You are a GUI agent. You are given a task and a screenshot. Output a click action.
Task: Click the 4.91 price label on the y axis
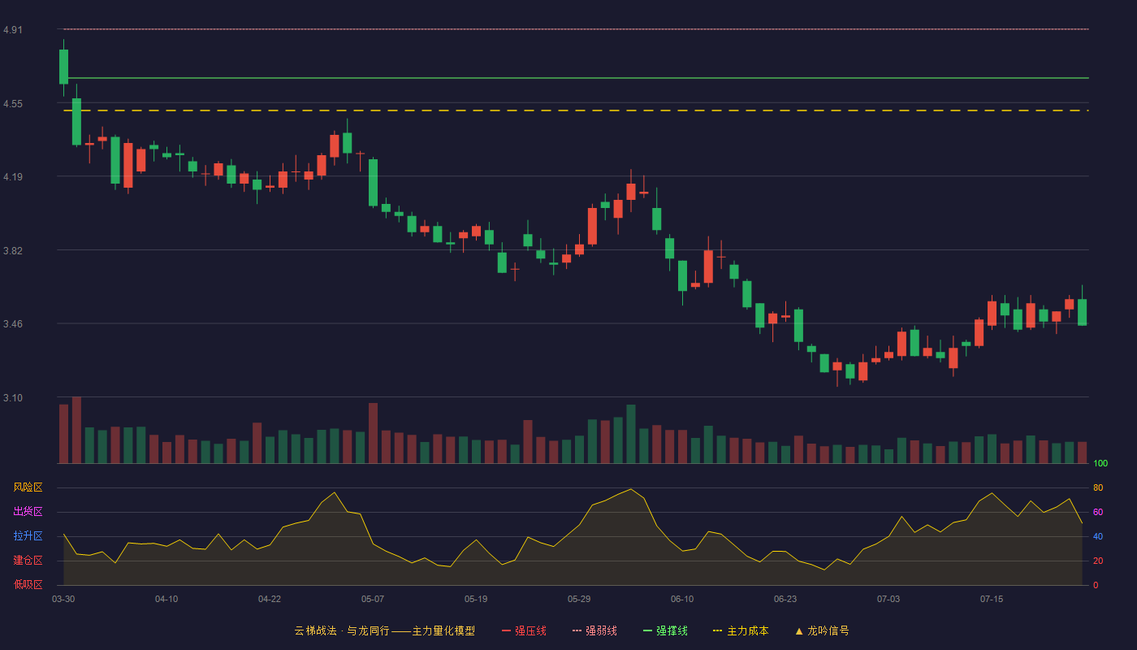[x=13, y=30]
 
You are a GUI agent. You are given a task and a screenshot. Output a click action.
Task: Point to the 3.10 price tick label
[x=13, y=398]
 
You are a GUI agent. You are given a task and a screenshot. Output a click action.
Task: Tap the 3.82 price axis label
[x=13, y=251]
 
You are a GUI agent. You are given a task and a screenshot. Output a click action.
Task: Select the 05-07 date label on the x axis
[x=373, y=600]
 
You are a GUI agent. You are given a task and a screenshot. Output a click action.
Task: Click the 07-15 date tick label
[x=992, y=600]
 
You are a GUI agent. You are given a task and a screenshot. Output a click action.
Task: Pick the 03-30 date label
[x=63, y=600]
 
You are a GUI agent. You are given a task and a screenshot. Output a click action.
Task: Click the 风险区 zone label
[x=28, y=487]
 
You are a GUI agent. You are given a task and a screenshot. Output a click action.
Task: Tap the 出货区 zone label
[x=28, y=511]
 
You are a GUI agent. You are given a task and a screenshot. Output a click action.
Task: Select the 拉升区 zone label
[x=28, y=535]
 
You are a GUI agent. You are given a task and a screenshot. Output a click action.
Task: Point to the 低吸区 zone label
[x=28, y=584]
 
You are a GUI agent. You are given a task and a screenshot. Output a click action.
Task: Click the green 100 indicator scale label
[x=1100, y=463]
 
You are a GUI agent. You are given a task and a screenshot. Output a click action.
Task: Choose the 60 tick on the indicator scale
[x=1098, y=512]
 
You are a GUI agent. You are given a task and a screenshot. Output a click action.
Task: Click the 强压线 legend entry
[x=524, y=630]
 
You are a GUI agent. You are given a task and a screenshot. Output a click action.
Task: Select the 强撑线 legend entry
[x=665, y=630]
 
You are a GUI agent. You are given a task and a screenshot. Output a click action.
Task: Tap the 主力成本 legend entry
[x=741, y=630]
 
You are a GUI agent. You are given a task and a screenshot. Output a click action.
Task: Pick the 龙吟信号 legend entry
[x=822, y=630]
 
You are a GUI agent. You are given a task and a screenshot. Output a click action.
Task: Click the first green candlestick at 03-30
[x=63, y=67]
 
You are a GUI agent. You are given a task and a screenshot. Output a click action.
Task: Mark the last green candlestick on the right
[x=1082, y=312]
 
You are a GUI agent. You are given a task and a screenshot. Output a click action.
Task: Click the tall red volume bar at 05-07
[x=373, y=433]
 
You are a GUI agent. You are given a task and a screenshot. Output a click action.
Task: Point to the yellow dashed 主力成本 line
[x=576, y=110]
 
